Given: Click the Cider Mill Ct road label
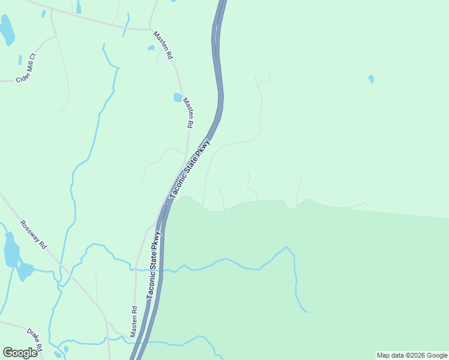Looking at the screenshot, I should [x=26, y=68].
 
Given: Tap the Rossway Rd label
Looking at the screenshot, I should [x=33, y=235].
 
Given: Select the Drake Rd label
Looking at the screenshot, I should [x=34, y=340].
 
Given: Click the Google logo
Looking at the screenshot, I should [x=20, y=353].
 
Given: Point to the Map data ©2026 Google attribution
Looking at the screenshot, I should [x=411, y=355].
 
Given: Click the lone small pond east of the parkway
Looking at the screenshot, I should [x=371, y=79].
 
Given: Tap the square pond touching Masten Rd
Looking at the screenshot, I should [x=178, y=97].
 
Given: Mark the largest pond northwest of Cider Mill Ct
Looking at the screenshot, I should [x=7, y=30].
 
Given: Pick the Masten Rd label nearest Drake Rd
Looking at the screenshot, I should [x=134, y=322].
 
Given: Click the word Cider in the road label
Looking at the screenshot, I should [x=22, y=76].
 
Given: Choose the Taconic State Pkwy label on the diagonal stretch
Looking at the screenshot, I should [x=190, y=169].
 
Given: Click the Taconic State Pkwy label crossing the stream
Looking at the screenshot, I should [x=155, y=265].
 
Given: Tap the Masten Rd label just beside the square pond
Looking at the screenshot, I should [x=188, y=113].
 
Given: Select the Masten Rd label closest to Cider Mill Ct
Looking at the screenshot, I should [x=163, y=45].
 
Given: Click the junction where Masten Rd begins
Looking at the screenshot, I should [x=151, y=29].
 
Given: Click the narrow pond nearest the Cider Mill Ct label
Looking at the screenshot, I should [x=20, y=59].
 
